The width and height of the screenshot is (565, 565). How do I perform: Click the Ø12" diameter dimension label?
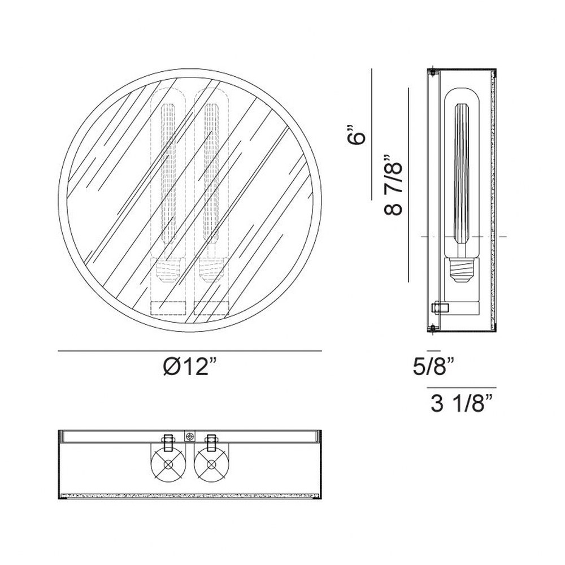[190, 367]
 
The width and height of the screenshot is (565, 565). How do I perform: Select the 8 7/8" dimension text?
[393, 185]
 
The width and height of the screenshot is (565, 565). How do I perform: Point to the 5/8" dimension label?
[433, 366]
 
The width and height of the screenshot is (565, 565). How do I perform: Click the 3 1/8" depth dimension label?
[462, 403]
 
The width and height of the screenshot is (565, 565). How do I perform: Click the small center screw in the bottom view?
[189, 437]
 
